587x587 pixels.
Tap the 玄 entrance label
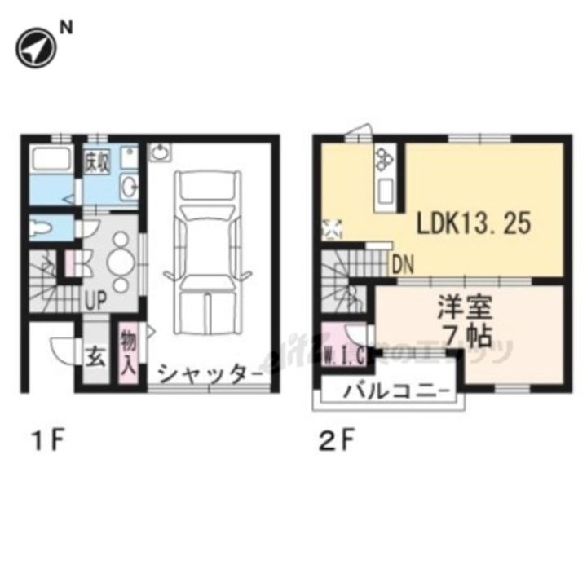coord(96,357)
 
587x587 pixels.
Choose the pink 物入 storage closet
coord(128,351)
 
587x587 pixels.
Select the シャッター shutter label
coord(210,374)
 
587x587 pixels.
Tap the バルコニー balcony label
coord(396,391)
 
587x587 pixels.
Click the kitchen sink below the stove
coord(385,192)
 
